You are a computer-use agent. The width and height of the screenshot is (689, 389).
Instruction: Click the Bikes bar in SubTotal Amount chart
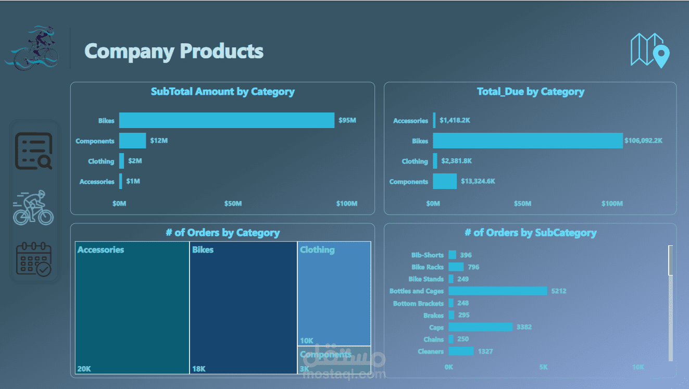click(227, 120)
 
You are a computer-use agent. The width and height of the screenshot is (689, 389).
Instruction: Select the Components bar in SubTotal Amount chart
click(132, 141)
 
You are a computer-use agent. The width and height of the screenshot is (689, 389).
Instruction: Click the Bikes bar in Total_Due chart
click(528, 141)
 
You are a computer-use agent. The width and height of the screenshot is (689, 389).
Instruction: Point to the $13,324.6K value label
click(478, 182)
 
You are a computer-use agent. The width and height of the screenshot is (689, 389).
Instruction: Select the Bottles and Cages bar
click(497, 291)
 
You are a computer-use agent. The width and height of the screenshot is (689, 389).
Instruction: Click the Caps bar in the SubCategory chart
click(480, 327)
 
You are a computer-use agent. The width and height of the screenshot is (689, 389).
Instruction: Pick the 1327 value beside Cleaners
click(485, 352)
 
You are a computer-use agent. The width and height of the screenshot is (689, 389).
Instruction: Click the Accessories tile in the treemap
click(132, 307)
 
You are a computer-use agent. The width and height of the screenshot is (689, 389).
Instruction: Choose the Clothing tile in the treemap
click(334, 293)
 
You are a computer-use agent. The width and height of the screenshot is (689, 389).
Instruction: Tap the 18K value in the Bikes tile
click(199, 369)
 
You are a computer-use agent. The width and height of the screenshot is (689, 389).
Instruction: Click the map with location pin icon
click(649, 51)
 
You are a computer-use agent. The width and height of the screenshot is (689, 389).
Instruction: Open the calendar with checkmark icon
click(34, 259)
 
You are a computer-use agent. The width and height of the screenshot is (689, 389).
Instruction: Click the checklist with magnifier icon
click(34, 152)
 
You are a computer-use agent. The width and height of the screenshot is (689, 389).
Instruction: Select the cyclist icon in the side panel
click(33, 208)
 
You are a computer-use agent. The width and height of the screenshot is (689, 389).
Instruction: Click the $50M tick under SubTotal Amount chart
click(233, 204)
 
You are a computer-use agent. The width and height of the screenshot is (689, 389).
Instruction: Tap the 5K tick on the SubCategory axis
click(543, 367)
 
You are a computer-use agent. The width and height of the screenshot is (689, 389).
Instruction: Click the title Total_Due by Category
click(530, 92)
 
